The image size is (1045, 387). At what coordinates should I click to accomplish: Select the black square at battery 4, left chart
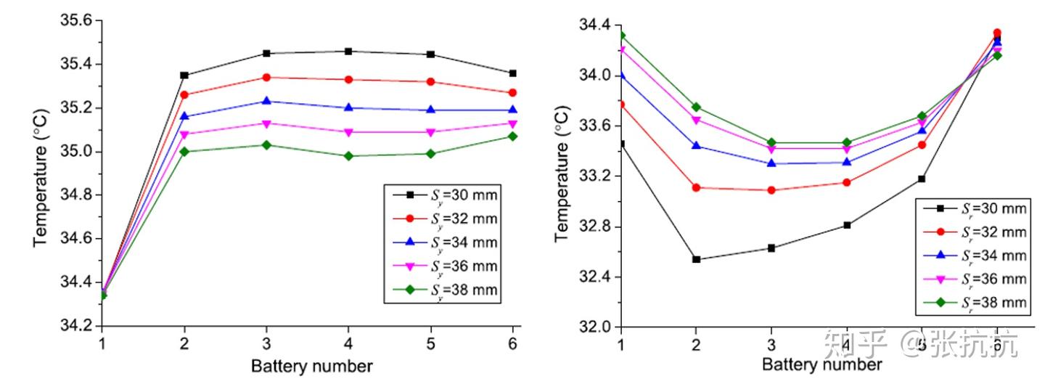pos(348,51)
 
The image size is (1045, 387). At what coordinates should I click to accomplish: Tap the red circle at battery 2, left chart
pos(184,94)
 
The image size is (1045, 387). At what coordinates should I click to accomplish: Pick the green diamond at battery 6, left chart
pos(513,136)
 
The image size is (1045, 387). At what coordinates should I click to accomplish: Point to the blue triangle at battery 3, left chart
pos(266,101)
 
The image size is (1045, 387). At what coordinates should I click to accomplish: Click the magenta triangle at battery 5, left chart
pos(431,132)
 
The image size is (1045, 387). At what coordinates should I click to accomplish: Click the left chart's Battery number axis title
pos(311,366)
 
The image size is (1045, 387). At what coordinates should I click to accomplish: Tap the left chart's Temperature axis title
pos(42,173)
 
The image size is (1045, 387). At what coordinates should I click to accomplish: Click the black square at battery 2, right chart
pos(697,259)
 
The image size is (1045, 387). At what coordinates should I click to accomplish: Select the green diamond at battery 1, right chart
pos(621,35)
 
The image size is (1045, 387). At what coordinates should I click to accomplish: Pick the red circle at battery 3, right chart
pos(771,190)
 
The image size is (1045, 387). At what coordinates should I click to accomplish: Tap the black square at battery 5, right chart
pos(922,179)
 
